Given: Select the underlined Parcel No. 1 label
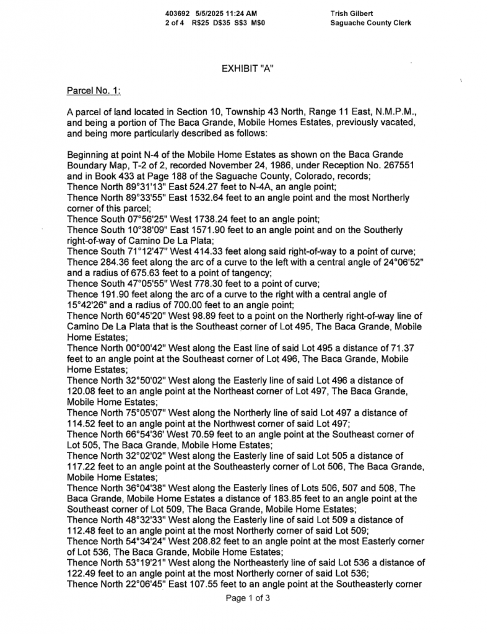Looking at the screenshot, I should tap(93, 91).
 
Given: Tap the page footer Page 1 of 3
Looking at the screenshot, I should tap(248, 598).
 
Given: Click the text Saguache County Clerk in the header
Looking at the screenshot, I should tap(371, 23).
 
